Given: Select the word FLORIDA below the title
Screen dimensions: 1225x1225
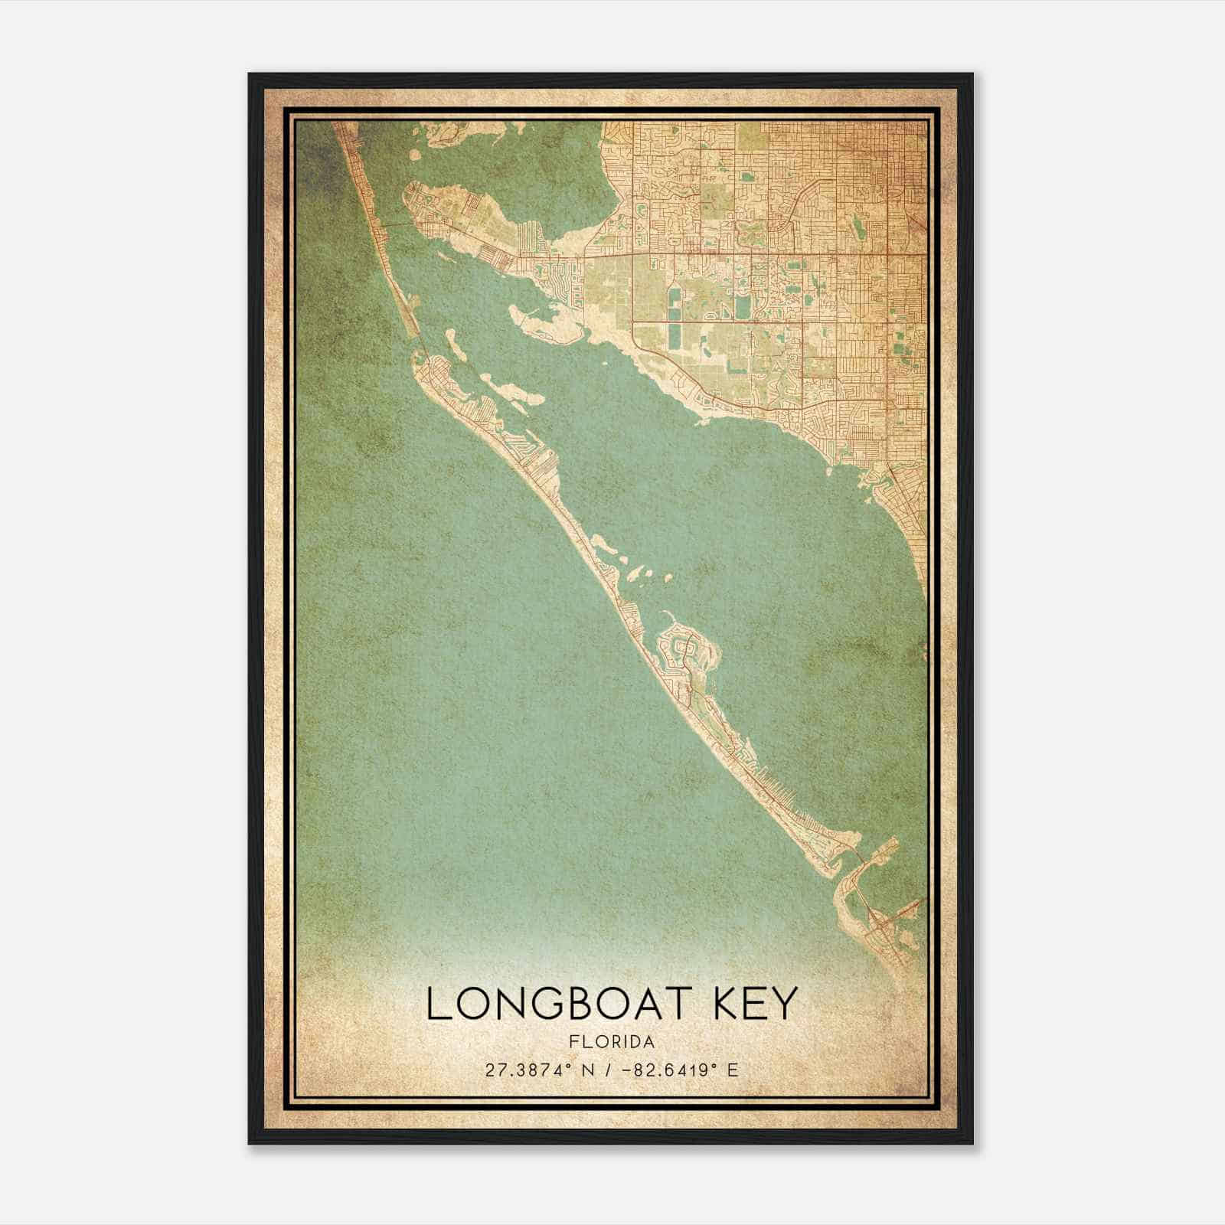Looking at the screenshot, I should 612,1042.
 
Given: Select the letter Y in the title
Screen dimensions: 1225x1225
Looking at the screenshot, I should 786,1003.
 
